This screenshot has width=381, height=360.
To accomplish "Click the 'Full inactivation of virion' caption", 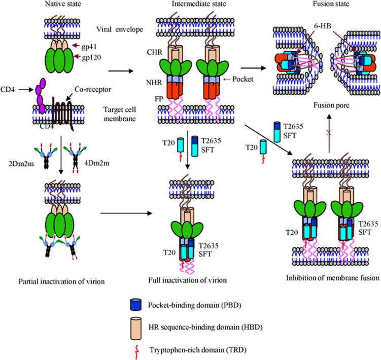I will (186, 280).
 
